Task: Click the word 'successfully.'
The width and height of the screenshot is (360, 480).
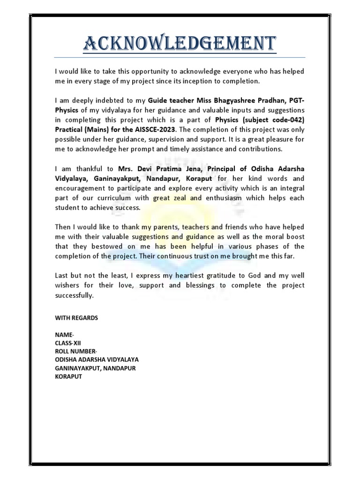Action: (x=75, y=295)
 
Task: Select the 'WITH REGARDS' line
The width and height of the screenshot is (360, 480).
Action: (x=76, y=318)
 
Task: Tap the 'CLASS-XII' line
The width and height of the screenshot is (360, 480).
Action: (x=68, y=343)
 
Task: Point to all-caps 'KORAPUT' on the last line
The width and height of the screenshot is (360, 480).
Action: (x=68, y=376)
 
